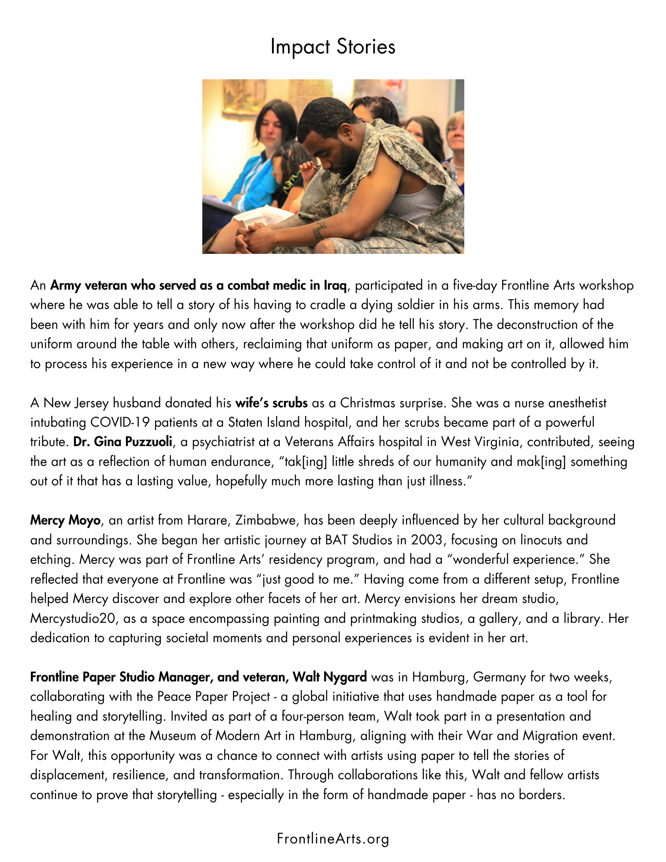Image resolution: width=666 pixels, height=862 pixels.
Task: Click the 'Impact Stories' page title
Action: (x=332, y=47)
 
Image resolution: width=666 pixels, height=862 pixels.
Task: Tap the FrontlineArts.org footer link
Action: (x=333, y=839)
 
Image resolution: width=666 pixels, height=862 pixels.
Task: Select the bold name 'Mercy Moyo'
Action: (x=65, y=520)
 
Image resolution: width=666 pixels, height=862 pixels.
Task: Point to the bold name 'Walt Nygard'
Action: (x=330, y=677)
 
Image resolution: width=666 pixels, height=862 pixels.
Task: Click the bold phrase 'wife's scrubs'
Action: (x=271, y=403)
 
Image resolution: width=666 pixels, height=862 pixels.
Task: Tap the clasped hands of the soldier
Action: (x=254, y=235)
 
